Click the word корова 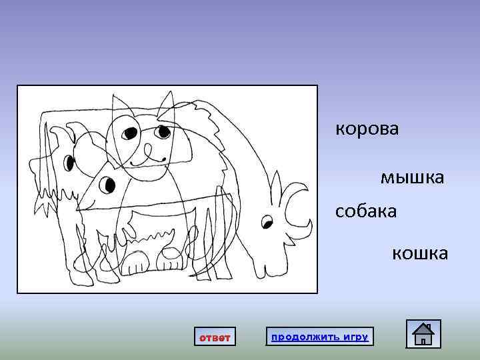367,129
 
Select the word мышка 412,177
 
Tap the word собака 366,211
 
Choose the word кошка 419,253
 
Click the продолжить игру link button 319,337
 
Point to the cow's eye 267,221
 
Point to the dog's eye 68,161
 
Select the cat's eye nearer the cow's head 162,132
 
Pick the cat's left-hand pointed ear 122,105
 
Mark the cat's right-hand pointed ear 167,107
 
